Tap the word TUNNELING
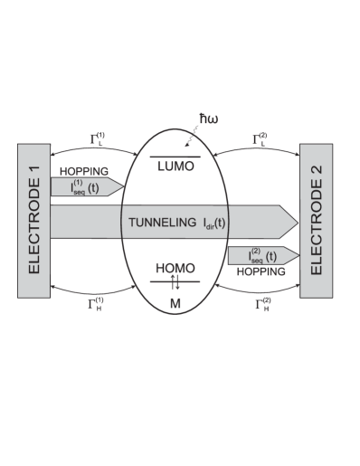point(161,221)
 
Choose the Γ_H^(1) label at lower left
point(96,302)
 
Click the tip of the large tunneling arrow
point(295,221)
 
